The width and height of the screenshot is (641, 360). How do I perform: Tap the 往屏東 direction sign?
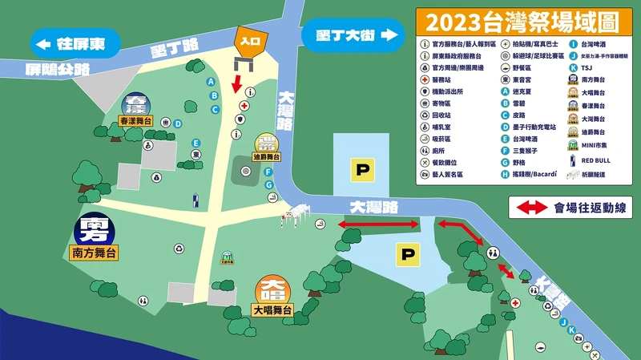pos(74,42)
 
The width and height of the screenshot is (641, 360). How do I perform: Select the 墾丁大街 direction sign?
pos(351,35)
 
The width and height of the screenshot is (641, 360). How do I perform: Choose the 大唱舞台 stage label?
pos(272,309)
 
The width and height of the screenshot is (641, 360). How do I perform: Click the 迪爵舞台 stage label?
pos(265,157)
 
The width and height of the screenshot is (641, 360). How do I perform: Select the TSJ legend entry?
pos(587,68)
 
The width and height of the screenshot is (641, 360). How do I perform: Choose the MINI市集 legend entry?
pos(595,146)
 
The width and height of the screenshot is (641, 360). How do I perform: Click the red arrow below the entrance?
pos(237,83)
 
